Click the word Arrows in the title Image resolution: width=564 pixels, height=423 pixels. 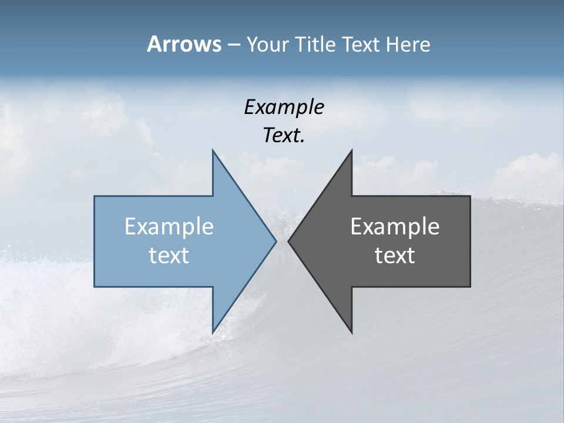point(184,44)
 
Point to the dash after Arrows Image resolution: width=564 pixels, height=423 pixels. point(233,45)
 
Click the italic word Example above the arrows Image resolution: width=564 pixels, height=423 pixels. point(284,107)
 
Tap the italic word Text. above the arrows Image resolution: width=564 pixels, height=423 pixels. point(284,136)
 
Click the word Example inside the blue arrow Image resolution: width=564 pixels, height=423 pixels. point(169,227)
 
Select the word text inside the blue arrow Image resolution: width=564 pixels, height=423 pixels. point(169,256)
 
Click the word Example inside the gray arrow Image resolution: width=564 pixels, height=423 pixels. point(395,227)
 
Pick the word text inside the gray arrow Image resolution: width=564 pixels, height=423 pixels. point(395,256)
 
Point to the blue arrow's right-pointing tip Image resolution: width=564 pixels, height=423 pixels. point(276,241)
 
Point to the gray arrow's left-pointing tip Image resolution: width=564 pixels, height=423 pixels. point(289,241)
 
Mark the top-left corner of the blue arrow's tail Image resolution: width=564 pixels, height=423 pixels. point(95,197)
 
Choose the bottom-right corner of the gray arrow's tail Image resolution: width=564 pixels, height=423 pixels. point(469,286)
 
